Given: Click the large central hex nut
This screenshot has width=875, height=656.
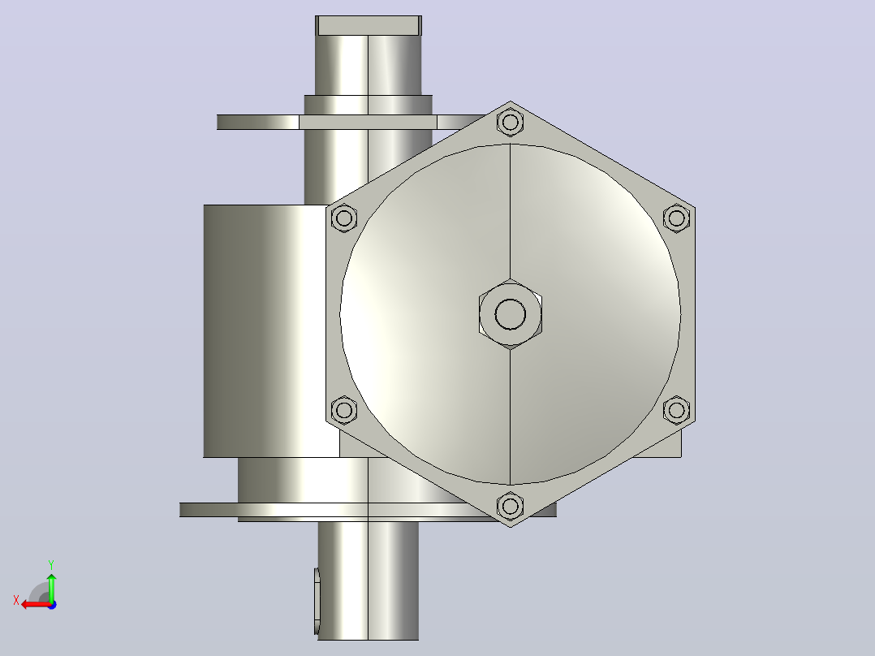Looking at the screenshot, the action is [x=510, y=313].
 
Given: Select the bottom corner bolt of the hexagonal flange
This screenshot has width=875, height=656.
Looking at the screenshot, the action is [x=510, y=507].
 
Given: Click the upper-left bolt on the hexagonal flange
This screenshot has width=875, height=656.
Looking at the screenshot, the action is [x=344, y=218].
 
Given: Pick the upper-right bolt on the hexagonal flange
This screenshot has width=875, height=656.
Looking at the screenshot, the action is [x=676, y=218].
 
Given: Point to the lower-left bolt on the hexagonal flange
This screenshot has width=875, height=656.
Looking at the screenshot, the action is [x=344, y=410].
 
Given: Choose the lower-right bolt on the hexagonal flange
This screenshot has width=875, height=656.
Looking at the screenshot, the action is [x=676, y=410].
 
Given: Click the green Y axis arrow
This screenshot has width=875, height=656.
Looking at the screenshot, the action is [x=51, y=587].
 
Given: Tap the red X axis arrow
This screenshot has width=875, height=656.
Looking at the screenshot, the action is [x=36, y=604].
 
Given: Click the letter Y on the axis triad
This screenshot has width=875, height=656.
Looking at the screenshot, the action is [x=51, y=564].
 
